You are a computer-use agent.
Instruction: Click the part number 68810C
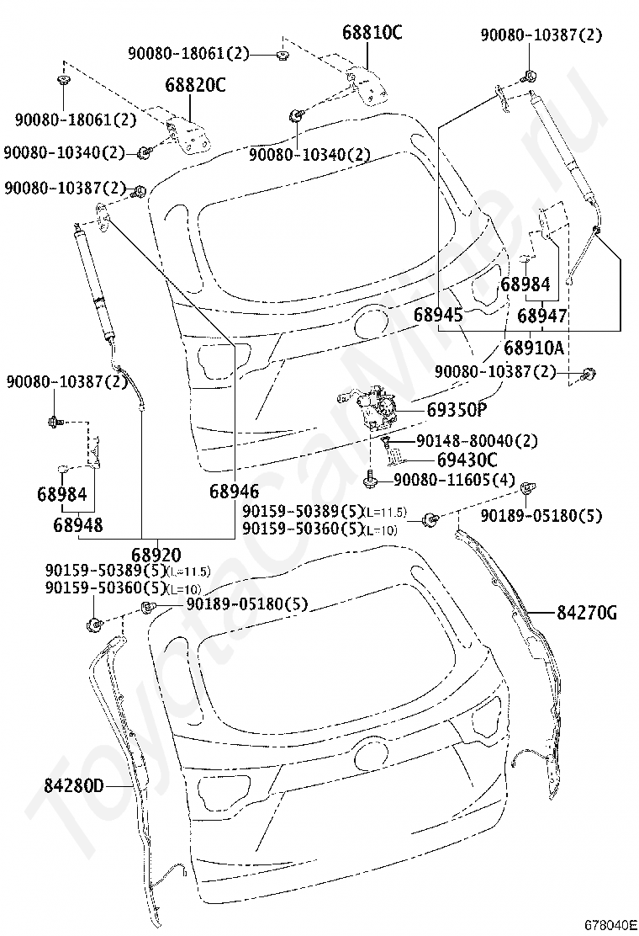click(372, 32)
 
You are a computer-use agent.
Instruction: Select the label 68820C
click(196, 85)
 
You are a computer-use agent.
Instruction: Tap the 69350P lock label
click(457, 409)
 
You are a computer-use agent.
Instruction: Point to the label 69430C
click(467, 460)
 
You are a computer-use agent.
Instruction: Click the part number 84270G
click(587, 613)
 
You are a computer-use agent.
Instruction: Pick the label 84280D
click(73, 786)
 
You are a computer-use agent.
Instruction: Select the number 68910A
click(534, 347)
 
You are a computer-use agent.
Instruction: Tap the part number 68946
click(235, 492)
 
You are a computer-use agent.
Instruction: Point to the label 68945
click(438, 315)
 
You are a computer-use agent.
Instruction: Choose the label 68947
click(541, 315)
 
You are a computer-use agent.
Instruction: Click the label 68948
click(78, 524)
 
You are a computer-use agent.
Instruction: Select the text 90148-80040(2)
click(477, 441)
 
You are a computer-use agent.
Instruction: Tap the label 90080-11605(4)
click(454, 479)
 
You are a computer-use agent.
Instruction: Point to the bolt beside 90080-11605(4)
click(370, 479)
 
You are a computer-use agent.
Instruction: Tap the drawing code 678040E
click(610, 925)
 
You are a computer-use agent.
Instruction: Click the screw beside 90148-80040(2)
click(386, 443)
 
